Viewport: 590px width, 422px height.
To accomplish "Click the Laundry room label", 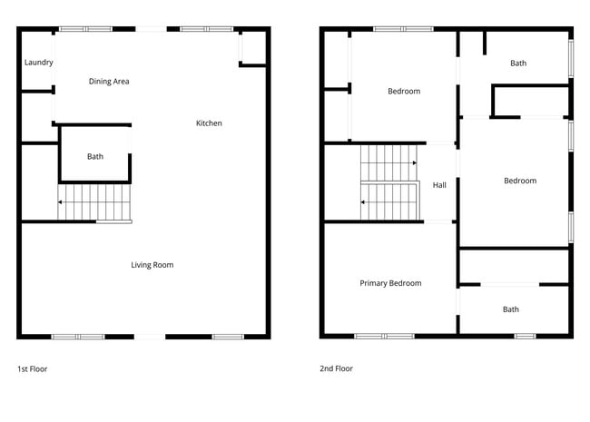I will point(38,63).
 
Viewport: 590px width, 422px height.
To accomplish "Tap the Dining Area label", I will point(109,82).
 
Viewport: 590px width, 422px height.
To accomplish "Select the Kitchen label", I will point(209,123).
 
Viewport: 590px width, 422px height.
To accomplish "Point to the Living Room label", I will point(152,265).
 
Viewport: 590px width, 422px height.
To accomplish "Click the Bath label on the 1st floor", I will point(95,157).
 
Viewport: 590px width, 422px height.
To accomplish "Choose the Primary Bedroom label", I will point(390,283).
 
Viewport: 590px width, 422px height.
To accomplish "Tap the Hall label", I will point(439,185).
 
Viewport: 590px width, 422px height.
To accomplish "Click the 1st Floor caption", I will point(33,369).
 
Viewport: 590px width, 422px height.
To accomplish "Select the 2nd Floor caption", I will point(336,369).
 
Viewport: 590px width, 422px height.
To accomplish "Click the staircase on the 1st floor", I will point(94,201).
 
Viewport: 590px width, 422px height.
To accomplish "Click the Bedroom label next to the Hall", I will point(520,181).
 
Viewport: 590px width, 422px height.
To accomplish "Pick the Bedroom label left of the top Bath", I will point(404,91).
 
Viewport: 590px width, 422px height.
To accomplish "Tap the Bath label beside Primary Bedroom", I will point(511,309).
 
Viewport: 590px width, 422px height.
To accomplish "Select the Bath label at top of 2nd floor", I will point(518,64).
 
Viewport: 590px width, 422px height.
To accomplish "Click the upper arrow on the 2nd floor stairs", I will point(413,162).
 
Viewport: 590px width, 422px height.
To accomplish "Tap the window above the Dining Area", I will point(86,29).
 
